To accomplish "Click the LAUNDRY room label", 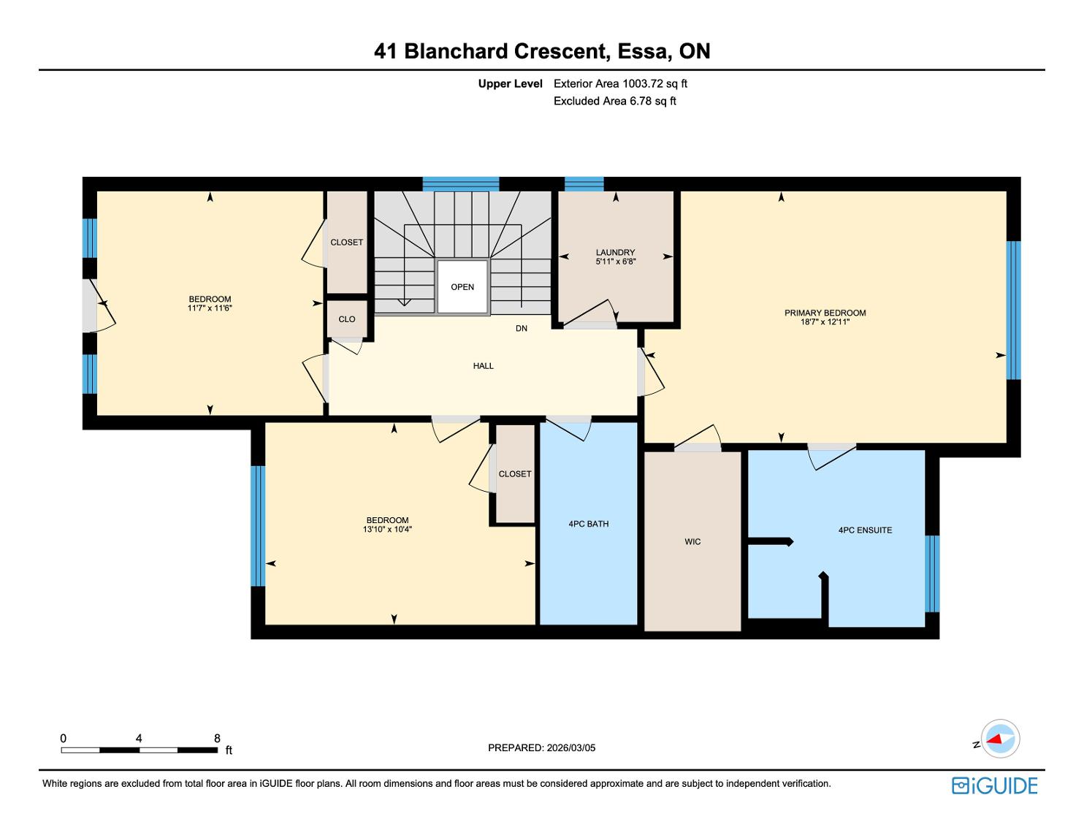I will point(615,252).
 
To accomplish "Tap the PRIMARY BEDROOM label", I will point(825,313).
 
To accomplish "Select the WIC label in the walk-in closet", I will point(692,541).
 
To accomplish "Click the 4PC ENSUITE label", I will point(865,530).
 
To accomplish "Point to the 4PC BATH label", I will point(588,524).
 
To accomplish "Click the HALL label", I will point(483,366).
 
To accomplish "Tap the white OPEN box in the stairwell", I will point(462,287).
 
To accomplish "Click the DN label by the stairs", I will point(521,329).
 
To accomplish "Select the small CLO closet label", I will point(347,319).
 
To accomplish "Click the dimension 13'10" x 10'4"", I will point(387,530).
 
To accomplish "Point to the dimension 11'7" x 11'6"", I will point(210,308).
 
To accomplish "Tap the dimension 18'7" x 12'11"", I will point(825,322).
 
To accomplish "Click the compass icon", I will point(999,739).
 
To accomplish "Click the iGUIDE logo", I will point(994,785).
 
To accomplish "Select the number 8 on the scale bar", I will point(217,739).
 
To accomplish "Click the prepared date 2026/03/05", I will point(571,747).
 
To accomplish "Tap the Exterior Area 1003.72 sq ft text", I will point(620,84).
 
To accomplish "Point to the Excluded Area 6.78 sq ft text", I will point(614,102).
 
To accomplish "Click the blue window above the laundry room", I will point(584,183).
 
